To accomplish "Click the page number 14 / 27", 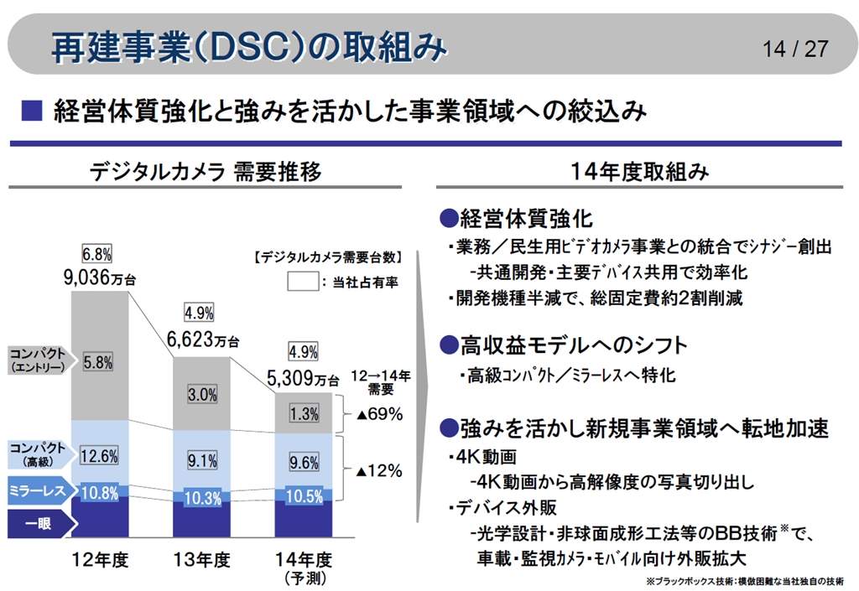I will pyautogui.click(x=795, y=48).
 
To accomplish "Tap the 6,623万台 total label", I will pyautogui.click(x=202, y=340).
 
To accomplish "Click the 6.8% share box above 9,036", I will pyautogui.click(x=97, y=254).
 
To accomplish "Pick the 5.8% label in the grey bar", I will pyautogui.click(x=98, y=364).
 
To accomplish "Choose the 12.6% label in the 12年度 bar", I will pyautogui.click(x=98, y=456).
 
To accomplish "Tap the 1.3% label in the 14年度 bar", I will pyautogui.click(x=304, y=413).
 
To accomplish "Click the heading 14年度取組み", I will pyautogui.click(x=639, y=172).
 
